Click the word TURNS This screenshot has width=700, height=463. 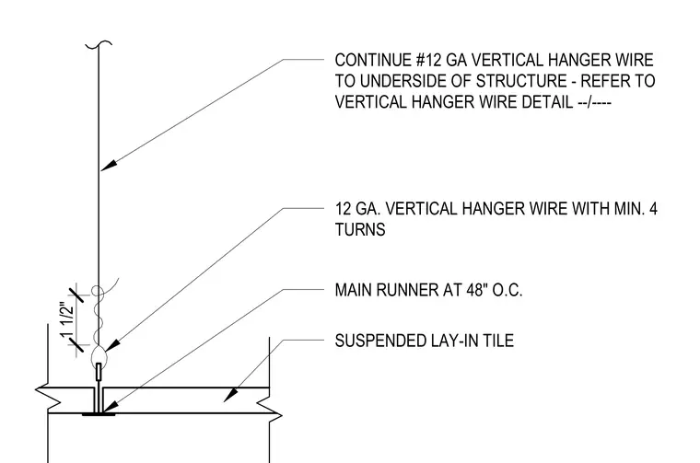click(360, 230)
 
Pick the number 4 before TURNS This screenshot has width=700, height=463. click(653, 209)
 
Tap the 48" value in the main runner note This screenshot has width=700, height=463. click(477, 290)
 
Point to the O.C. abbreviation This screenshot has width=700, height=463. click(507, 290)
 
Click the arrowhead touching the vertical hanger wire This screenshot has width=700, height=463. click(109, 165)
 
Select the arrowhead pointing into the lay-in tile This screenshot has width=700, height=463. click(230, 395)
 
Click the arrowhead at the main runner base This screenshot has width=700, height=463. click(110, 407)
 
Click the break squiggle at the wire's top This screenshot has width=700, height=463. click(99, 43)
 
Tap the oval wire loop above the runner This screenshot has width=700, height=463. click(99, 356)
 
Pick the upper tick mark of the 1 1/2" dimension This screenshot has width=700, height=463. click(76, 295)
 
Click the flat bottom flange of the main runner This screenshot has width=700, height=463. click(99, 414)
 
